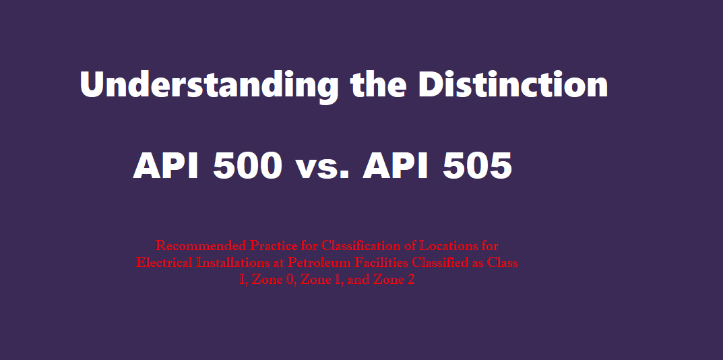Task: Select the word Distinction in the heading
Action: tap(513, 85)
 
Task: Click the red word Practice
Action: tap(272, 245)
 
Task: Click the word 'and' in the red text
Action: tap(358, 280)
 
